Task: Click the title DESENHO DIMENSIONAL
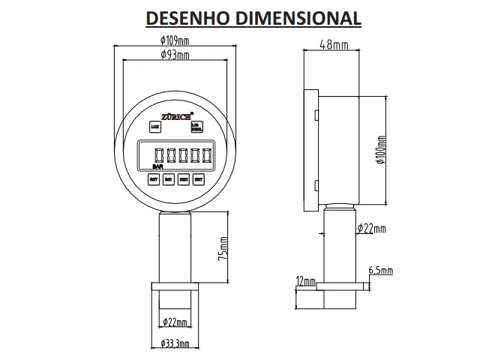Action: point(252,17)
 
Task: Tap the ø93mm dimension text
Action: point(174,55)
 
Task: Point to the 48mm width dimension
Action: point(334,44)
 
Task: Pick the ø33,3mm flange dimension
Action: point(174,343)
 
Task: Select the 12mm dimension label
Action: point(304,281)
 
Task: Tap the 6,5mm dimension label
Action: point(380,270)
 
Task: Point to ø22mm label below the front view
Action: point(175,322)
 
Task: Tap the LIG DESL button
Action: point(196,127)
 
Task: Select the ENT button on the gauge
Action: point(199,179)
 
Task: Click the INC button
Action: point(168,179)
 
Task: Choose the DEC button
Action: point(184,179)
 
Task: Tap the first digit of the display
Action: point(158,155)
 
